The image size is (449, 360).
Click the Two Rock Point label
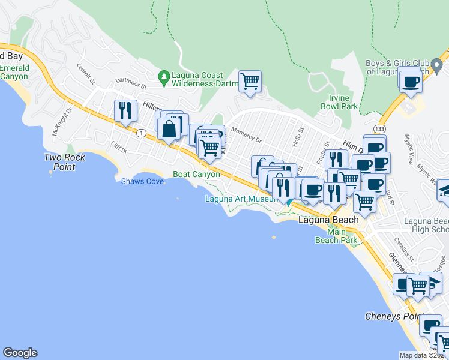point(65,162)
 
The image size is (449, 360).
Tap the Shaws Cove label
point(142,181)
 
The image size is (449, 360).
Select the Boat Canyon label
point(196,174)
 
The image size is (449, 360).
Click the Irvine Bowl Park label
point(336,102)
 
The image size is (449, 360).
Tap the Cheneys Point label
point(393,316)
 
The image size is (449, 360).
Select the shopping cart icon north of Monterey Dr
point(249,80)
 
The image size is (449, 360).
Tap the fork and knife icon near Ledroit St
point(124,110)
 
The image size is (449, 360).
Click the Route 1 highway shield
point(140,133)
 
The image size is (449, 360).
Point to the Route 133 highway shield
point(375,128)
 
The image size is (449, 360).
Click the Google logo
point(20,353)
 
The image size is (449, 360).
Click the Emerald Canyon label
point(14,72)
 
